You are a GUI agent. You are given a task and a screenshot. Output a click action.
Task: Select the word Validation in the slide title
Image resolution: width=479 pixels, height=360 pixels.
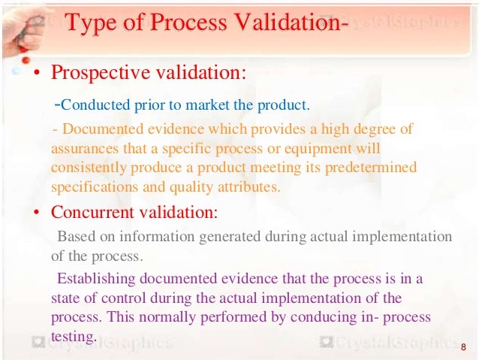(279, 24)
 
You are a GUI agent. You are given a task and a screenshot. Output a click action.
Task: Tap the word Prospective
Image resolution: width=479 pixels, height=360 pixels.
(95, 74)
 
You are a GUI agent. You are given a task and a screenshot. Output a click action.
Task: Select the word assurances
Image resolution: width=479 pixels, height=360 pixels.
(84, 148)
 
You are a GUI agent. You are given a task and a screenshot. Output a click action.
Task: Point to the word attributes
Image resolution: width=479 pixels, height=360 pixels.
(251, 186)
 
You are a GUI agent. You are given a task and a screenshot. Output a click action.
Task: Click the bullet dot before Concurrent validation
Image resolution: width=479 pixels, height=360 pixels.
(35, 213)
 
